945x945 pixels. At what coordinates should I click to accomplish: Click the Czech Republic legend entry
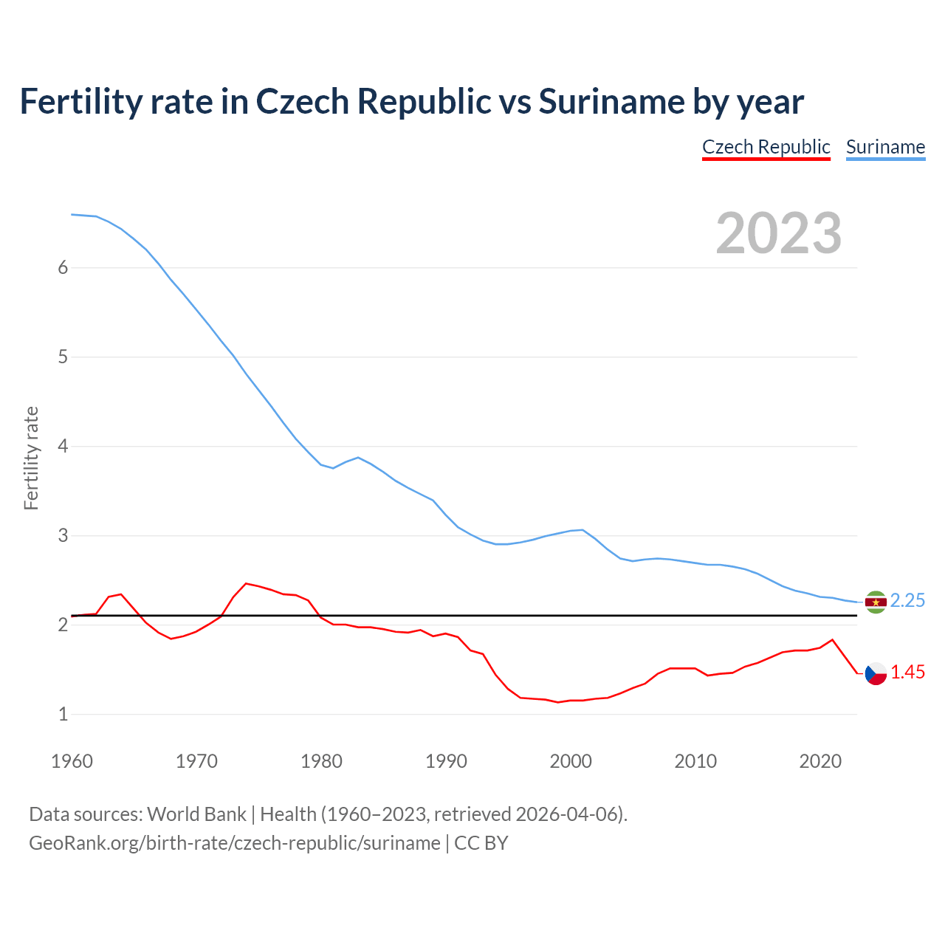pyautogui.click(x=766, y=147)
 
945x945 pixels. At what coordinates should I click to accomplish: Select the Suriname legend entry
pyautogui.click(x=885, y=147)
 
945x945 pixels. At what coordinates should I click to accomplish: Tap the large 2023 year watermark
pyautogui.click(x=778, y=233)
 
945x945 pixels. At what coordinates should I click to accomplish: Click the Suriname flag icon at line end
pyautogui.click(x=876, y=602)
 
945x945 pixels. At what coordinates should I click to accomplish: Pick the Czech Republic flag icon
pyautogui.click(x=876, y=673)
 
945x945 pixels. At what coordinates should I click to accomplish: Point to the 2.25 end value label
pyautogui.click(x=907, y=601)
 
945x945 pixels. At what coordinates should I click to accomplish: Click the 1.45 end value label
pyautogui.click(x=907, y=673)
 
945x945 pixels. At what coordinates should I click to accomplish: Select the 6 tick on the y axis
pyautogui.click(x=63, y=268)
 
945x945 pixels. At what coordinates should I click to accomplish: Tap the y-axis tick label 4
pyautogui.click(x=63, y=447)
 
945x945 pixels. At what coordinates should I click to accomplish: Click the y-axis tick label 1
pyautogui.click(x=63, y=715)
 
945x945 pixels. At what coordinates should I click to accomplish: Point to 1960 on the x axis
pyautogui.click(x=72, y=761)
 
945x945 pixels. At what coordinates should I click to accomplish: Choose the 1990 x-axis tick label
pyautogui.click(x=446, y=761)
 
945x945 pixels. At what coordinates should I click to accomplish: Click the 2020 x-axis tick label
pyautogui.click(x=820, y=761)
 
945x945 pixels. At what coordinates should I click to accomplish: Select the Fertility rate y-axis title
pyautogui.click(x=31, y=458)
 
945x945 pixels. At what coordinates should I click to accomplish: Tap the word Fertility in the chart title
pyautogui.click(x=80, y=101)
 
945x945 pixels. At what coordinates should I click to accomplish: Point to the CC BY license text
pyautogui.click(x=481, y=843)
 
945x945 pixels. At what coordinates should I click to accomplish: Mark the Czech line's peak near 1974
pyautogui.click(x=247, y=583)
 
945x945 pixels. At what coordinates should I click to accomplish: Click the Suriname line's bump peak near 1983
pyautogui.click(x=358, y=457)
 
